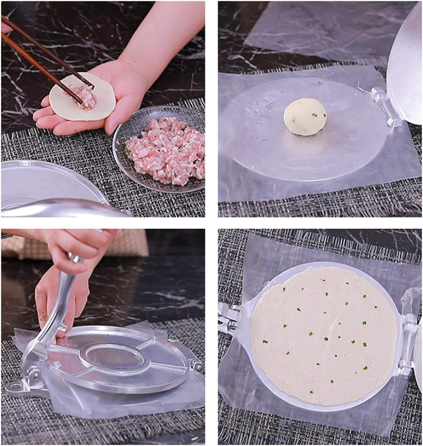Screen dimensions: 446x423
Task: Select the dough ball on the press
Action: pyautogui.click(x=305, y=117)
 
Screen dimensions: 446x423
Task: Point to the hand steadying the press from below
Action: pyautogui.click(x=58, y=298)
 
